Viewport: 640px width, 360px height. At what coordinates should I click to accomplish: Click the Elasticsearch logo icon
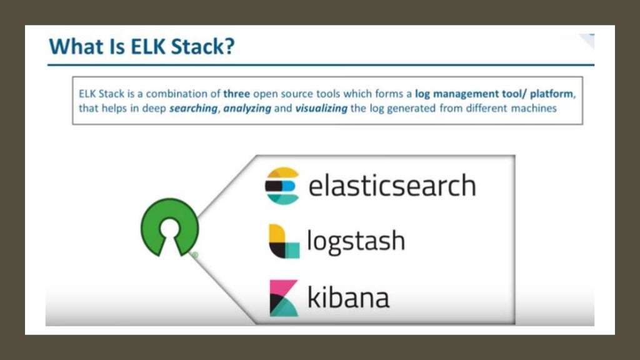[282, 185]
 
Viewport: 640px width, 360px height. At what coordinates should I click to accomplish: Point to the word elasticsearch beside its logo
[392, 186]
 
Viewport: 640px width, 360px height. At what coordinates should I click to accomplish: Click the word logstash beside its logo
[356, 241]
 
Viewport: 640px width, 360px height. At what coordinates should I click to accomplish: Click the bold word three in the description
[237, 94]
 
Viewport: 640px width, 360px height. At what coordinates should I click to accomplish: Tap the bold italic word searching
[192, 108]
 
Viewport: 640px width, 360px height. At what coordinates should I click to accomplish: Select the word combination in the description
[184, 94]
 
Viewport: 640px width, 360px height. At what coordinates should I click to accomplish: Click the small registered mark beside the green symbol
[194, 254]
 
